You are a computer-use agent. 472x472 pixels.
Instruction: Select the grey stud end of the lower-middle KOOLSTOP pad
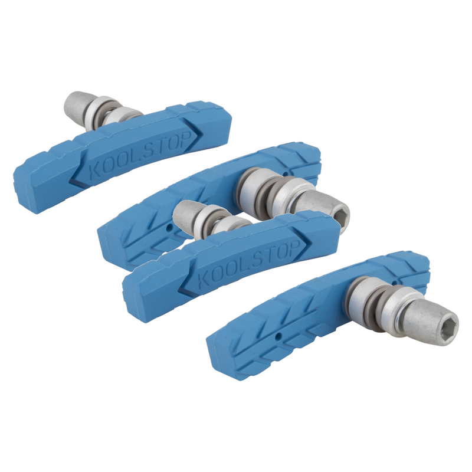(x=188, y=211)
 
